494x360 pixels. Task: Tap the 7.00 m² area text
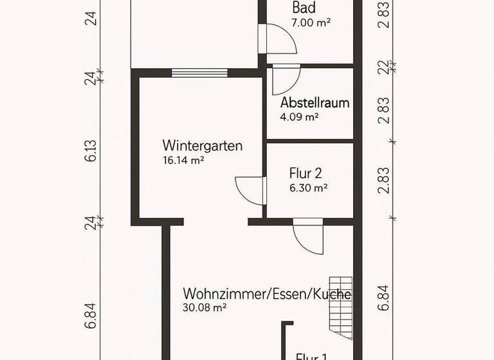[310, 22]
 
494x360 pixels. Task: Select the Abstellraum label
[315, 104]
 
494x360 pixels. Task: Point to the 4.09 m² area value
[299, 117]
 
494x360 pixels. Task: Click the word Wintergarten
[202, 146]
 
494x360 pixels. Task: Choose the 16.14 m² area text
[183, 160]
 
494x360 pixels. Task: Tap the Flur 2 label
[306, 174]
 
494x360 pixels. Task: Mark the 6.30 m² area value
[309, 188]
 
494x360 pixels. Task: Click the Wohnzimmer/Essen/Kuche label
[267, 294]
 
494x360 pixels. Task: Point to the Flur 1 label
[311, 355]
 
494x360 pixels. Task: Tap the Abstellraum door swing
[285, 80]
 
